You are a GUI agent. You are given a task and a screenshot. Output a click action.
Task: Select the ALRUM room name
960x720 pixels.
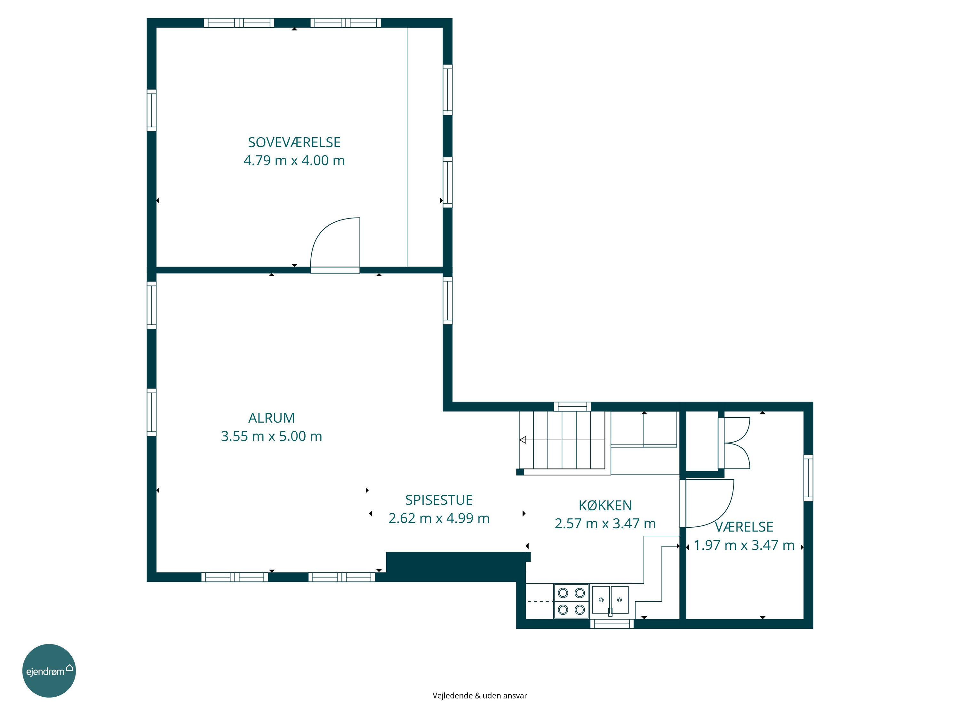click(x=271, y=418)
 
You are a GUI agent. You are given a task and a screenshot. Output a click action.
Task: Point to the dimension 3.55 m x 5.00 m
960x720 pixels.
click(x=271, y=436)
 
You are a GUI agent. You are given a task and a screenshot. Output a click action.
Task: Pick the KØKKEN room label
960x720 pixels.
click(x=605, y=505)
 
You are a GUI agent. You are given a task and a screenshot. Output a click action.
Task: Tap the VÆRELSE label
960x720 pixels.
click(x=744, y=526)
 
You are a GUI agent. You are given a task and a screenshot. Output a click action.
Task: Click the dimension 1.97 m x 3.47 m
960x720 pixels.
click(x=744, y=545)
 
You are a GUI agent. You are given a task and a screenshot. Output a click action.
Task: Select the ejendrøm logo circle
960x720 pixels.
click(x=49, y=670)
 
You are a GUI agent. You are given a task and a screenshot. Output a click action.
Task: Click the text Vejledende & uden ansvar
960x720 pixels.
click(x=480, y=696)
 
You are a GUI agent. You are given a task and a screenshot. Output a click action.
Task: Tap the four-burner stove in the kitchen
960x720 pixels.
click(x=571, y=601)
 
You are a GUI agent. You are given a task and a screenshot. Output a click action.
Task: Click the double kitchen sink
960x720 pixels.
click(x=610, y=600)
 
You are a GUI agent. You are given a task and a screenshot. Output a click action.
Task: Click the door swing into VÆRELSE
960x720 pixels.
click(x=720, y=514)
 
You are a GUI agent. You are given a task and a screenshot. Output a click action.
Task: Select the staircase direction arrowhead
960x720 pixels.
click(x=523, y=440)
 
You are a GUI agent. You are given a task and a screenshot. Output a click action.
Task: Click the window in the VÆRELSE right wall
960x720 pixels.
click(x=808, y=477)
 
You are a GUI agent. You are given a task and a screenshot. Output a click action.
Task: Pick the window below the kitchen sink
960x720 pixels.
click(x=612, y=624)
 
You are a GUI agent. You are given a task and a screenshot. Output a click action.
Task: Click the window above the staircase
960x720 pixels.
click(x=572, y=406)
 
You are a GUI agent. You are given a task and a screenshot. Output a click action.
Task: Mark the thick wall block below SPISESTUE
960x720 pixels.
click(x=456, y=566)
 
